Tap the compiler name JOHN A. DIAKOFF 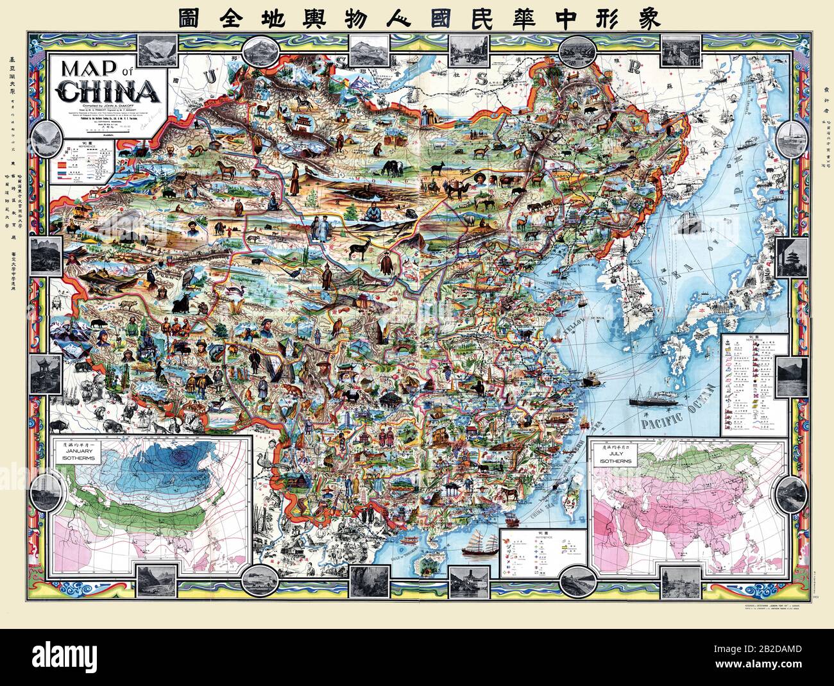point(122,105)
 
